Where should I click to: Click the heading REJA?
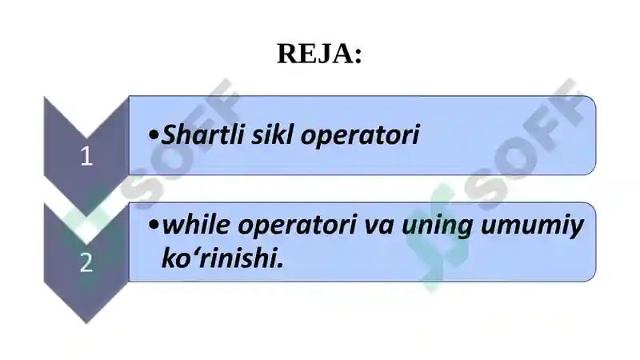point(319,54)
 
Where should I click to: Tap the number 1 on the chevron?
point(86,157)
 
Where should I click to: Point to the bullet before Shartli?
point(154,135)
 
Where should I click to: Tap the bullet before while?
point(154,226)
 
